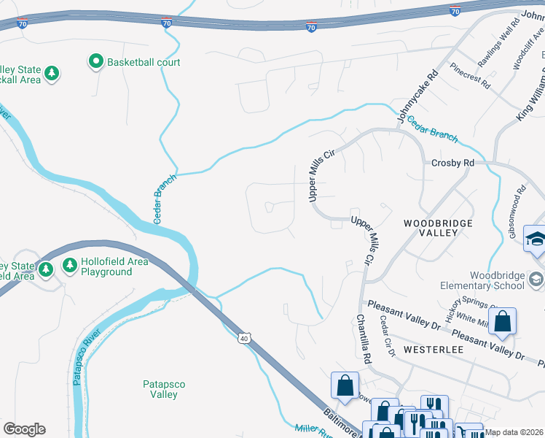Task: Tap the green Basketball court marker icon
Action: (x=95, y=63)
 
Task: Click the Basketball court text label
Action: (x=144, y=63)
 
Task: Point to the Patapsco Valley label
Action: (x=159, y=388)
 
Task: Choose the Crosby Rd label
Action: (x=452, y=163)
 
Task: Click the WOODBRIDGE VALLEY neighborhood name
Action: (x=439, y=228)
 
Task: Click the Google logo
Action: (x=24, y=429)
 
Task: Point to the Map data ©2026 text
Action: (x=514, y=432)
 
